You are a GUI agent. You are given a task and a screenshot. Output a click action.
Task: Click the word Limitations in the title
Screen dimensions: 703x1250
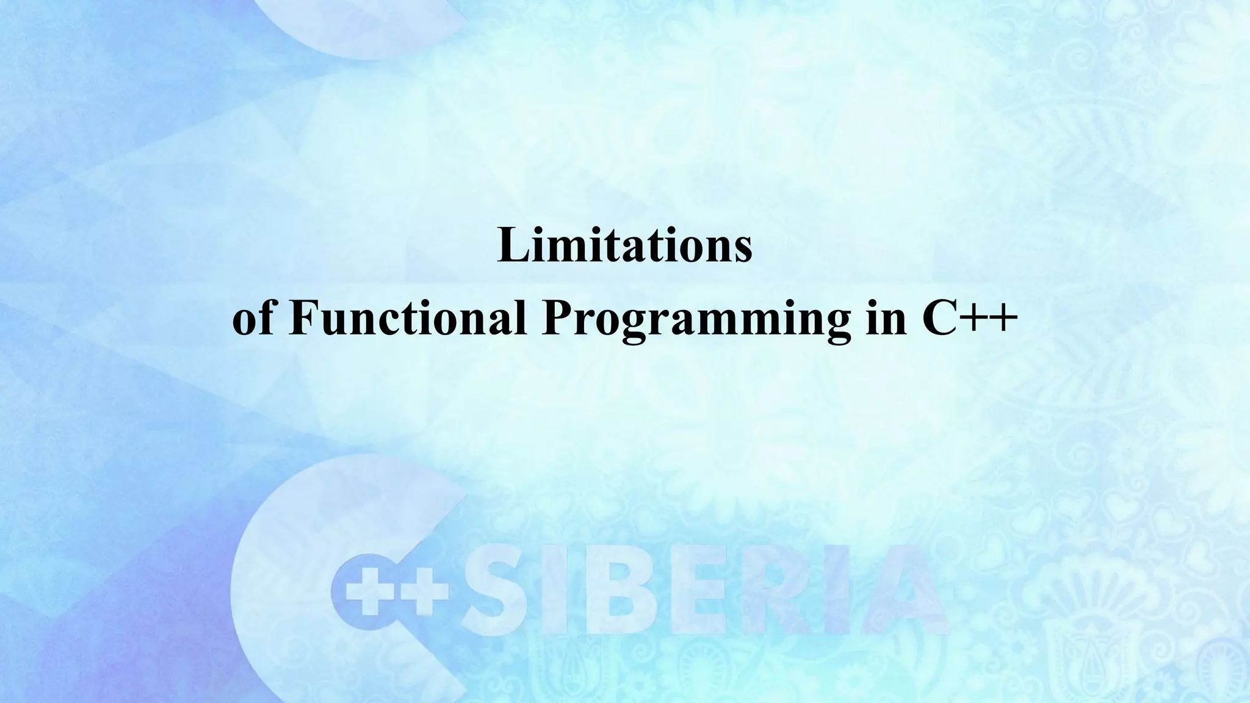625,245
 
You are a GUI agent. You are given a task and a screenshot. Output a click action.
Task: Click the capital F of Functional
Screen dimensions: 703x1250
301,318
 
